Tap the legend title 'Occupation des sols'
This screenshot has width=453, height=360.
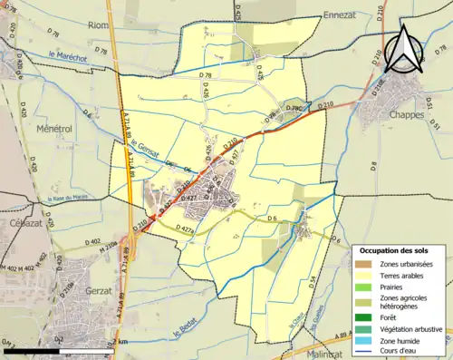[x=395, y=250]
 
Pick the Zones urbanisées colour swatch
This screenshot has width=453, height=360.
[x=366, y=264]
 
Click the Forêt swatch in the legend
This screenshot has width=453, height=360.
[x=366, y=316]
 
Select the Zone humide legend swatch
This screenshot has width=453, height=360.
[x=366, y=342]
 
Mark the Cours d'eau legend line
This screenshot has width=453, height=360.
[x=366, y=355]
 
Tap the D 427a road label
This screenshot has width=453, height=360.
[x=183, y=230]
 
